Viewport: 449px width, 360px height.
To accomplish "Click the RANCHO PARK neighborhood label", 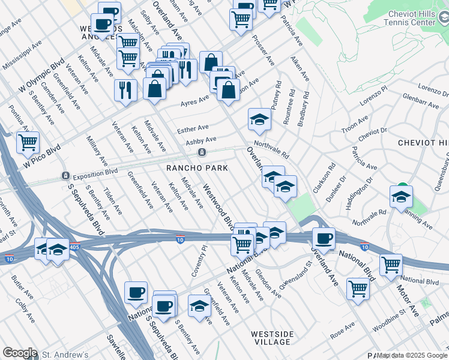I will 197,168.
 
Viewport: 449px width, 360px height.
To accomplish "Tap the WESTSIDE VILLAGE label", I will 272,337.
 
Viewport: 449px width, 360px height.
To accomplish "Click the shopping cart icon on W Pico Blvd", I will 28,143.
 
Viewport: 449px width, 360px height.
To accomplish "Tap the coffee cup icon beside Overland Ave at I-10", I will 324,238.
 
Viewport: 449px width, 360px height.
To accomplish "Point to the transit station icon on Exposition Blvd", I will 65,176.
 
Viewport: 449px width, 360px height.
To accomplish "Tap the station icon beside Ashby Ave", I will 203,152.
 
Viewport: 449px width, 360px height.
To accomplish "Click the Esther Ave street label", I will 192,128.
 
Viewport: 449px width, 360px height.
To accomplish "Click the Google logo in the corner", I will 20,353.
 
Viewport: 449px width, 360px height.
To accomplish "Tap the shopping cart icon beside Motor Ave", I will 391,263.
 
